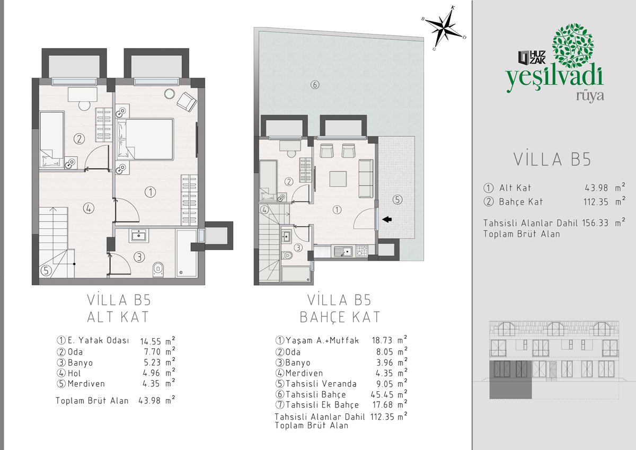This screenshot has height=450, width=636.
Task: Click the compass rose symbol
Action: [444, 28]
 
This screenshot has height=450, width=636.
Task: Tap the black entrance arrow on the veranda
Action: [387, 219]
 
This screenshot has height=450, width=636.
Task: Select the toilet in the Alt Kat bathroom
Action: [158, 269]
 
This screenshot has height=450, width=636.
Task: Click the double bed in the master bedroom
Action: [145, 139]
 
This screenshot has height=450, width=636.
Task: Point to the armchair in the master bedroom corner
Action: [187, 102]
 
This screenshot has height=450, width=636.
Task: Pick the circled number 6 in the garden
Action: [315, 85]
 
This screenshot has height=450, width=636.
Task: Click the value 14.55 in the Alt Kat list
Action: [151, 341]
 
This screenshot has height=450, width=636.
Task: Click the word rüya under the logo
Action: [590, 96]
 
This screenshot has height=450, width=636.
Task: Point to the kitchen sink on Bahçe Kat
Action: [343, 251]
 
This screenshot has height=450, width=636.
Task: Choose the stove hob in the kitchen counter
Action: [361, 251]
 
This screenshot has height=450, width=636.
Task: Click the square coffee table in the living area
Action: [338, 179]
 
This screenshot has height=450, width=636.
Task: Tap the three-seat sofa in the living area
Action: [366, 179]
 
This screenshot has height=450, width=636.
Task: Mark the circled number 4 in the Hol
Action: [89, 208]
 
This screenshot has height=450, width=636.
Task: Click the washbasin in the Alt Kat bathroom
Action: [139, 236]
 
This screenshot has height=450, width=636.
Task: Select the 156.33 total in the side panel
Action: [595, 223]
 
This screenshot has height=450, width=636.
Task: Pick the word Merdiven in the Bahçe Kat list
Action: [304, 373]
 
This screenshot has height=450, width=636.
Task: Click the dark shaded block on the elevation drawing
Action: [510, 379]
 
